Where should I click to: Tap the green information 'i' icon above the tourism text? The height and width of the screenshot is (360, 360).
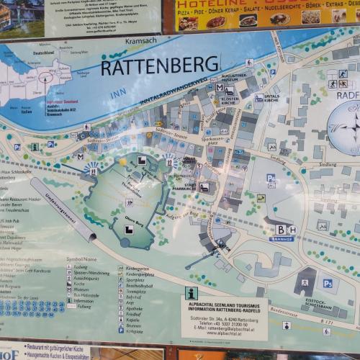click(x=191, y=292)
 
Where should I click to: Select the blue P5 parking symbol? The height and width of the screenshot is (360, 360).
click(x=327, y=283)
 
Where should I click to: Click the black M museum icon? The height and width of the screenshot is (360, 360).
click(x=219, y=86)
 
